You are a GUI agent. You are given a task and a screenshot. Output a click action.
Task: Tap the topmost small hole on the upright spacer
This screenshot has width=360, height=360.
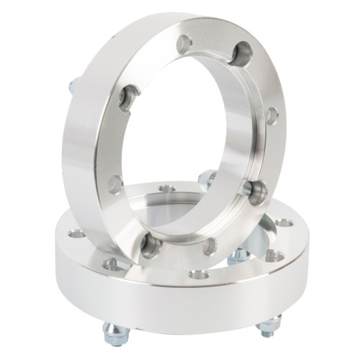pos(184,44)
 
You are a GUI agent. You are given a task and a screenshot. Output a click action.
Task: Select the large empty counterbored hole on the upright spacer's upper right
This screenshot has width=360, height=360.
pos(243,53)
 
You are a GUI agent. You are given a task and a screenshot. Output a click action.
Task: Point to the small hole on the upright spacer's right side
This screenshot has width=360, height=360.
pos(271,115)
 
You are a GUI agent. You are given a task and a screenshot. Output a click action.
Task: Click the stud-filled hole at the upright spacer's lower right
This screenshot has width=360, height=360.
pos(255,190)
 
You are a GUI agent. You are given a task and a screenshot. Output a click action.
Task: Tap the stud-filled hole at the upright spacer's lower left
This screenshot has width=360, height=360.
pos(150,246)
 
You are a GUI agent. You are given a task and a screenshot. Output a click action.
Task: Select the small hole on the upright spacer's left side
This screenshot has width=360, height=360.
pos(114,184)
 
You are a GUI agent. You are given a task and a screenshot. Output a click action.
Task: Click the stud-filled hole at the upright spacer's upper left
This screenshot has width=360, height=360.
pos(130,97)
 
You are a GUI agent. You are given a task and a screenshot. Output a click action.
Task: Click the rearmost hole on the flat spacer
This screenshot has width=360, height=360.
pos(167,189)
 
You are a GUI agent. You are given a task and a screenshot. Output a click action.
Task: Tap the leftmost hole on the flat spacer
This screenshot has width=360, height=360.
pos(76,234)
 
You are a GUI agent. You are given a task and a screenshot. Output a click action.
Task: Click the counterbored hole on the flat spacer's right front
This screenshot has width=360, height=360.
pos(274,255)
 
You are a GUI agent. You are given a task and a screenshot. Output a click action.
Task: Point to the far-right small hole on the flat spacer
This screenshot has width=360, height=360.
pos(284,222)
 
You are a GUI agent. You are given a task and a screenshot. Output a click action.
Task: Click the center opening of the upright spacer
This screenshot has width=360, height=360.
pos(187,137)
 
